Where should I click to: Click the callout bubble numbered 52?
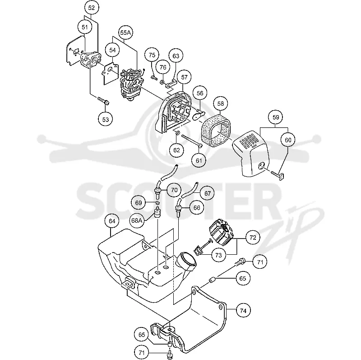click(x=92, y=8)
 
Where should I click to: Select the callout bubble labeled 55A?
click(x=125, y=33)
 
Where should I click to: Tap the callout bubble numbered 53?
click(x=106, y=119)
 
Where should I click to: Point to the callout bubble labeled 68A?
click(x=137, y=220)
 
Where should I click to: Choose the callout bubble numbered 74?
click(x=243, y=311)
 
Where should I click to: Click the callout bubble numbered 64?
click(x=112, y=221)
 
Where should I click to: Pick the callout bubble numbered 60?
click(x=288, y=140)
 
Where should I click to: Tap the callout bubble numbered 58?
click(x=221, y=104)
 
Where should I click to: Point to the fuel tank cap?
click(x=221, y=233)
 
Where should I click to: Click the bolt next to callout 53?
click(x=103, y=101)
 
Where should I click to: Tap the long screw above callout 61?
click(x=192, y=140)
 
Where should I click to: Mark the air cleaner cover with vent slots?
click(x=251, y=153)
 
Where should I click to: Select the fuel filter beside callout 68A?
click(x=157, y=211)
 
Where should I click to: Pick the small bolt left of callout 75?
click(x=154, y=78)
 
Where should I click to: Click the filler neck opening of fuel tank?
click(x=187, y=261)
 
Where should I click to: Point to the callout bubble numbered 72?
click(x=253, y=238)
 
